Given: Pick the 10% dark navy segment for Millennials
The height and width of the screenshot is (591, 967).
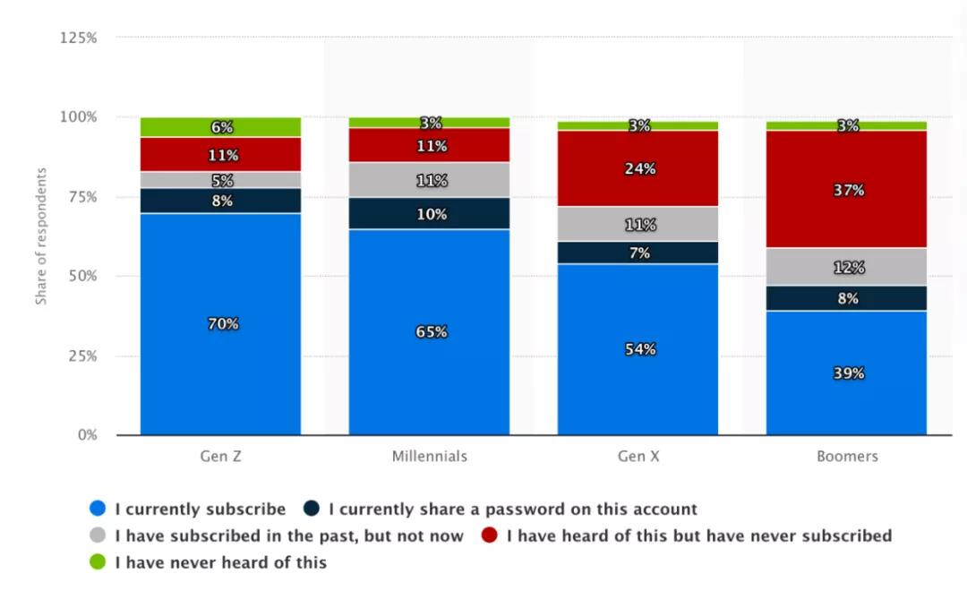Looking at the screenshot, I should click(429, 213).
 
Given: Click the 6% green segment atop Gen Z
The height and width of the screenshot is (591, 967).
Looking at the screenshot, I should click(221, 127).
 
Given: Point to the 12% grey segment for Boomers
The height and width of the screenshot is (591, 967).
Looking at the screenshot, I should click(846, 267).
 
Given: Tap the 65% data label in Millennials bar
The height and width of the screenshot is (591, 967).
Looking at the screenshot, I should click(429, 332).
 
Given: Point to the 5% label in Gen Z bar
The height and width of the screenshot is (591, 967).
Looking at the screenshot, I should click(221, 180).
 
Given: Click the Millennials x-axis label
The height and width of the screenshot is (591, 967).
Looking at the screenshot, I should click(429, 457).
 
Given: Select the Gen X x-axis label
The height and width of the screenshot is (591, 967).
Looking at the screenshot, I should click(638, 457).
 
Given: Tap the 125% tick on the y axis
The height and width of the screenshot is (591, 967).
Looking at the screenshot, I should click(79, 38).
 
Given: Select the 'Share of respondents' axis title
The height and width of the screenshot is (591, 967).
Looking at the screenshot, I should click(41, 236).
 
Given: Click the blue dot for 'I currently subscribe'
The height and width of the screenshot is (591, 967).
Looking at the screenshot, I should click(98, 510).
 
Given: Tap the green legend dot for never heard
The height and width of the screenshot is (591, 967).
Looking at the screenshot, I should click(98, 563).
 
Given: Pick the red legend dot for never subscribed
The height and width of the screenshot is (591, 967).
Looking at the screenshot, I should click(489, 536).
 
